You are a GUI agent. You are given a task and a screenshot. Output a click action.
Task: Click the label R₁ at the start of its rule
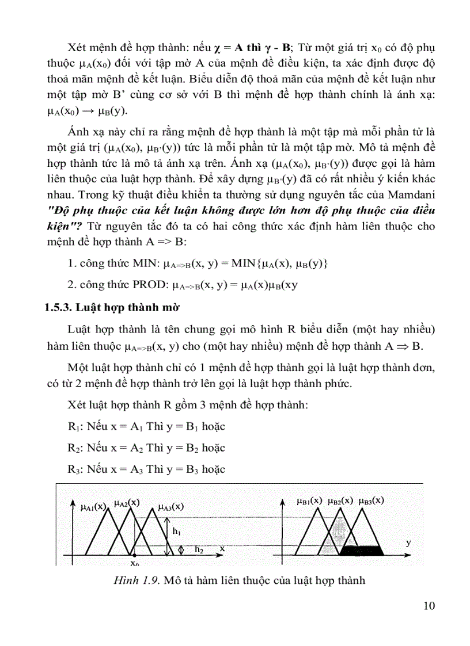(73, 427)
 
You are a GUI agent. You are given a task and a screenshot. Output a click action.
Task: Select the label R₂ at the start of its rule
(73, 448)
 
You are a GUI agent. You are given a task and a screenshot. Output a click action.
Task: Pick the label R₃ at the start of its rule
(73, 469)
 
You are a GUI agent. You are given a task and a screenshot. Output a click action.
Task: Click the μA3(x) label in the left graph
(170, 507)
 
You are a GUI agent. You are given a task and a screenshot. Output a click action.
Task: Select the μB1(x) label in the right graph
(310, 500)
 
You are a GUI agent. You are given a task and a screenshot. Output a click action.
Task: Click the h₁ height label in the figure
(176, 531)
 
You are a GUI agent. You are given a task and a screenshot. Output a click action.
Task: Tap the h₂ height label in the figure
(199, 550)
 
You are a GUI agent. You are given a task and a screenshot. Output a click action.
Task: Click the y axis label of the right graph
(408, 542)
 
